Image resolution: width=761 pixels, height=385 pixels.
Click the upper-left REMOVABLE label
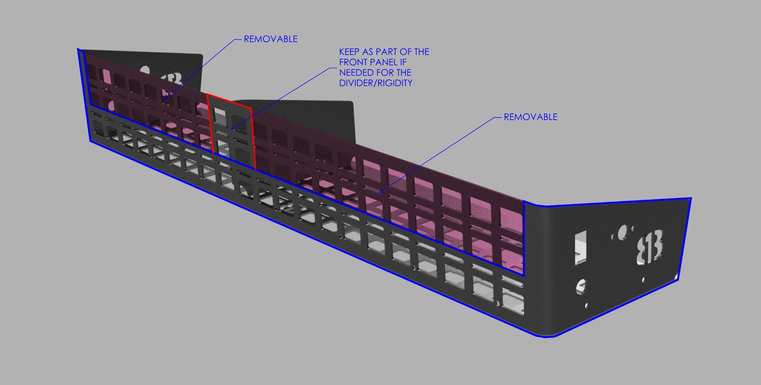[x=271, y=39]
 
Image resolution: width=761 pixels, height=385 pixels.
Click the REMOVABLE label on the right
[x=531, y=117]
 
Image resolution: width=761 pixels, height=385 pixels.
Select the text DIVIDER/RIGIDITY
[x=376, y=83]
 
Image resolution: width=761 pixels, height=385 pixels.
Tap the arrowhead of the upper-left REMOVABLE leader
[x=165, y=98]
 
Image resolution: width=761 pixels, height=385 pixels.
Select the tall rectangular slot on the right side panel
[x=580, y=248]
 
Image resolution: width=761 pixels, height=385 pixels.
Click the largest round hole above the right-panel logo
[x=621, y=233]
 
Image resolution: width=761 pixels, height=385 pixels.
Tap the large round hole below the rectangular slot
[x=581, y=287]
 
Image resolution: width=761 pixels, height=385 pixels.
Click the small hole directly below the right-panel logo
[x=643, y=280]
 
